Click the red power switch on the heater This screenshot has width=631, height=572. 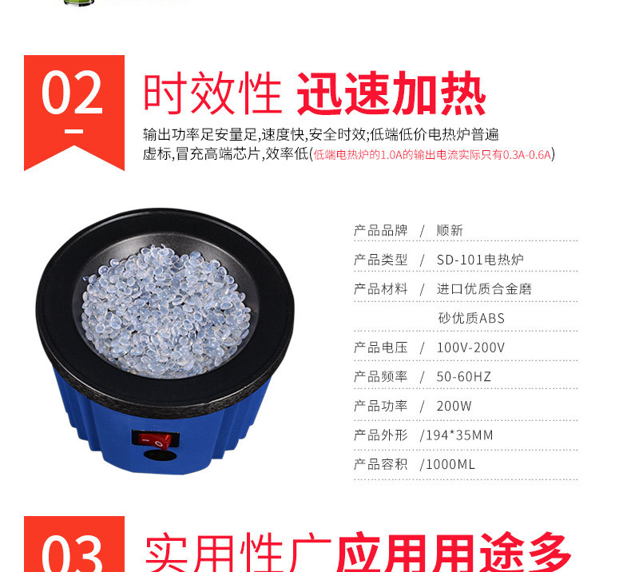click(155, 439)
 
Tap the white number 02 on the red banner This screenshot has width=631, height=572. click(73, 93)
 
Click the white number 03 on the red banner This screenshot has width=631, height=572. click(73, 554)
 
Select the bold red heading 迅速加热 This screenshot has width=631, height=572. click(391, 94)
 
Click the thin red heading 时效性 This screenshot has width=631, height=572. click(212, 94)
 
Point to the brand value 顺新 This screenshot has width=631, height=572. click(450, 231)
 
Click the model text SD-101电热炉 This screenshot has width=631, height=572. click(480, 260)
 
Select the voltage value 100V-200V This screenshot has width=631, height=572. click(470, 348)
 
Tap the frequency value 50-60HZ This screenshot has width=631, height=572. click(463, 377)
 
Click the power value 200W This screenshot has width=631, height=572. click(454, 406)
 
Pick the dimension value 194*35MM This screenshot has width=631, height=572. click(459, 435)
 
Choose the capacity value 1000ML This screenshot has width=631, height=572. click(450, 465)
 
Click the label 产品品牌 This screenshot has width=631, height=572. click(381, 231)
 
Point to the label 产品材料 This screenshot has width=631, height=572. click(381, 289)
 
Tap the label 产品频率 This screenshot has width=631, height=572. click(381, 377)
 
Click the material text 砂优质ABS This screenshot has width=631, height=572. click(471, 319)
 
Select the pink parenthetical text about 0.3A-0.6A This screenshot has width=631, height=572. click(432, 154)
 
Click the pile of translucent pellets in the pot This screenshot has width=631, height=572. click(165, 311)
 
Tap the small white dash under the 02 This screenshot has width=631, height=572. click(74, 131)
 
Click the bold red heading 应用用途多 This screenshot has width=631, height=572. click(453, 552)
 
